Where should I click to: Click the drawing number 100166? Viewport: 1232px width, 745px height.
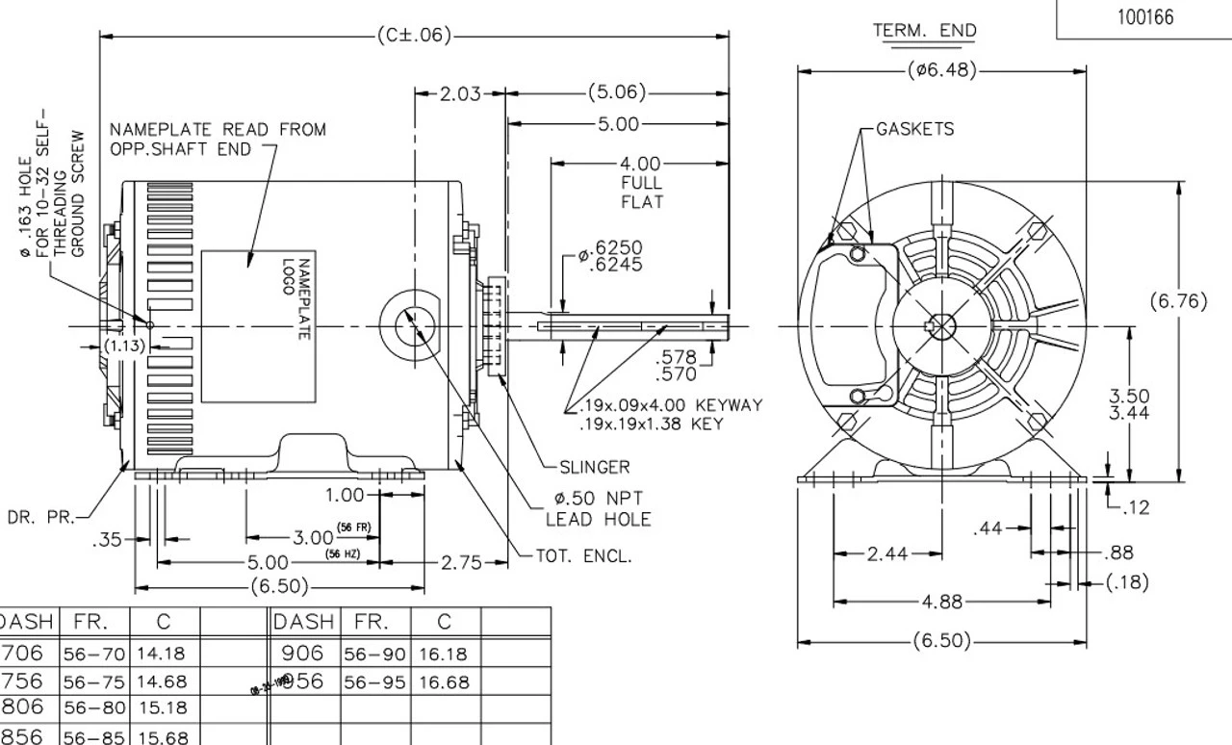pyautogui.click(x=1145, y=17)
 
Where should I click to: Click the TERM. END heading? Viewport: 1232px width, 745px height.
pyautogui.click(x=924, y=31)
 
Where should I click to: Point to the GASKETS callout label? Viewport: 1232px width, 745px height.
pyautogui.click(x=914, y=129)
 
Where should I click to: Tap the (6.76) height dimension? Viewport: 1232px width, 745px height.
pyautogui.click(x=1178, y=301)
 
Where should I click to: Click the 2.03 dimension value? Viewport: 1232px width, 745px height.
pyautogui.click(x=459, y=93)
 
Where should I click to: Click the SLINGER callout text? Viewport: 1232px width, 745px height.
pyautogui.click(x=594, y=468)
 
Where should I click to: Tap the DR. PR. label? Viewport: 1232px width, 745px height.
pyautogui.click(x=39, y=517)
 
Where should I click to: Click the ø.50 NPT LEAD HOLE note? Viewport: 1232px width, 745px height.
pyautogui.click(x=598, y=508)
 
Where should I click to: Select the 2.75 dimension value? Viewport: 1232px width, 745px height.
pyautogui.click(x=460, y=562)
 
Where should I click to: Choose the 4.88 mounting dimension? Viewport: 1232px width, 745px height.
pyautogui.click(x=940, y=602)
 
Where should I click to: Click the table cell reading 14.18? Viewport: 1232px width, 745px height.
pyautogui.click(x=160, y=655)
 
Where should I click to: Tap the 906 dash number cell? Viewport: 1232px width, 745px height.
pyautogui.click(x=304, y=654)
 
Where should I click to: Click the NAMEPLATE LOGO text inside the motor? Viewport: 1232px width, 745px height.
pyautogui.click(x=293, y=298)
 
